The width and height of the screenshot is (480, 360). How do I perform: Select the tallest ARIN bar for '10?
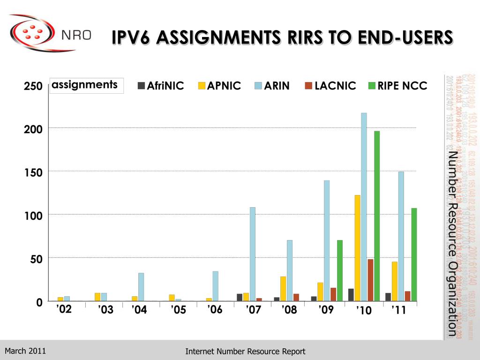(364, 206)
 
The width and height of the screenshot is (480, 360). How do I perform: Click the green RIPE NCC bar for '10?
(377, 216)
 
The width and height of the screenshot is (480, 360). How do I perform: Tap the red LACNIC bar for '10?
(370, 280)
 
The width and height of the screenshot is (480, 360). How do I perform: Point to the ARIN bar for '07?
(253, 254)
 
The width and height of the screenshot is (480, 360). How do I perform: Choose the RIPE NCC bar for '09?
(340, 270)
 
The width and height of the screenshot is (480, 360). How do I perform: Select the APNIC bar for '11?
(395, 281)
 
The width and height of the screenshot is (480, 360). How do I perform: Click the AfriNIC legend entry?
(160, 86)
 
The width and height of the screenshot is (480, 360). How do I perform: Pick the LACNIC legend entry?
(330, 86)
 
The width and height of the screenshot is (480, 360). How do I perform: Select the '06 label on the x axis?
(215, 310)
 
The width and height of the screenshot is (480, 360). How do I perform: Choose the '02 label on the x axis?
(64, 309)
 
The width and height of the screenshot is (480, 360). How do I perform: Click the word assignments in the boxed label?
(85, 85)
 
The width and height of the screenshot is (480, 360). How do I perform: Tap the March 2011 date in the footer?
(25, 351)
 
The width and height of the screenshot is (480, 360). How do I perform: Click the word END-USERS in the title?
(400, 37)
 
